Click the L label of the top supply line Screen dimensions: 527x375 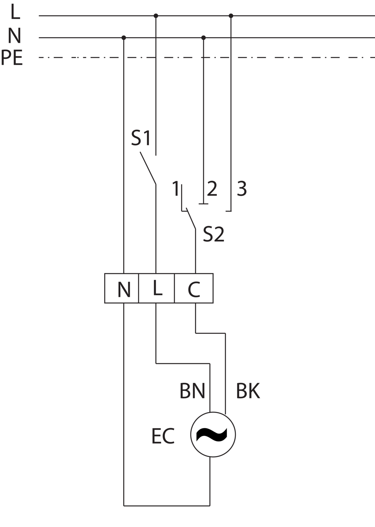click(x=15, y=11)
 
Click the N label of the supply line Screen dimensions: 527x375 click(x=15, y=35)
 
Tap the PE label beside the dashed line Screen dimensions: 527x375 click(x=12, y=57)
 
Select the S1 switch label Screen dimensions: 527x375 click(x=140, y=138)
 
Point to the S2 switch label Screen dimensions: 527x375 click(x=213, y=234)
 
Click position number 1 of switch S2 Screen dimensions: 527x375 click(x=176, y=188)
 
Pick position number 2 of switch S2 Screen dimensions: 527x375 click(x=212, y=188)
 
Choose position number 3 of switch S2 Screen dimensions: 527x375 click(x=242, y=188)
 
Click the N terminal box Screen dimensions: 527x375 click(x=122, y=288)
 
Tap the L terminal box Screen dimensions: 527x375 click(x=156, y=288)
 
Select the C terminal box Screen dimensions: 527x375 click(x=194, y=288)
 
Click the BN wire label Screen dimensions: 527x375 click(x=192, y=390)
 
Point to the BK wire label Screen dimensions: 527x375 click(x=248, y=390)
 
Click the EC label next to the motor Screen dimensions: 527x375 click(x=163, y=436)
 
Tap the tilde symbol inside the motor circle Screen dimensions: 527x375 click(x=212, y=435)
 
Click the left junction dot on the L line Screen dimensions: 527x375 click(x=156, y=16)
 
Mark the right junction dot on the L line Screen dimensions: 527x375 click(x=231, y=16)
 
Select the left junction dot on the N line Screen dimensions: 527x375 click(x=124, y=38)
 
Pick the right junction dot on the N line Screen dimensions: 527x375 click(x=204, y=38)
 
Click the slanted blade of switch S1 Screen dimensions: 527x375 click(x=148, y=168)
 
